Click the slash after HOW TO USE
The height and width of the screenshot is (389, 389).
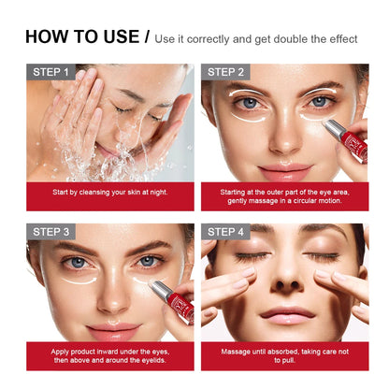pos(146,37)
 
